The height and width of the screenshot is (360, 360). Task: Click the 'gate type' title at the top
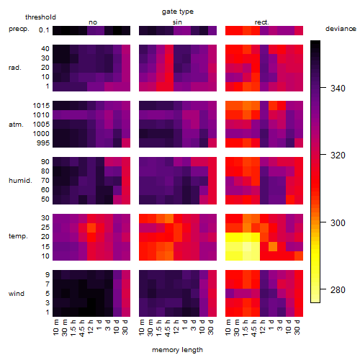point(178,12)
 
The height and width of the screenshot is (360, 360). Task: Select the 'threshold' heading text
point(40,17)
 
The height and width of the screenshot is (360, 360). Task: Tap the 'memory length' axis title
point(177,350)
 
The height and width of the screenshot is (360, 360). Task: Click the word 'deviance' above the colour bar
point(341,29)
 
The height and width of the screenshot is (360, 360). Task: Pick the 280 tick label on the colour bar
point(338,290)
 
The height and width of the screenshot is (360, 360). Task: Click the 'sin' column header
point(177,22)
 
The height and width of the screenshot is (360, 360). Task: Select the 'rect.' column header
point(262,22)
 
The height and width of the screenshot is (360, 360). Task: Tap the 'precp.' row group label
point(19,29)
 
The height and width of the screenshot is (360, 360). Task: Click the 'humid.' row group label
point(20,181)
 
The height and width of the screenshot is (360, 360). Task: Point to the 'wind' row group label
point(17,294)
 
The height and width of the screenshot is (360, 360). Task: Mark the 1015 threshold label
point(41,106)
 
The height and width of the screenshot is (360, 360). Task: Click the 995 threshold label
point(43,143)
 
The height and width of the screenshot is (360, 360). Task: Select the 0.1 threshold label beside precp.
point(44,30)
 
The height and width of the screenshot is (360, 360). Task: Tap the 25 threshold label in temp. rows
point(45,228)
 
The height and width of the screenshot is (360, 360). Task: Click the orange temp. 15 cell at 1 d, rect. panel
point(273,246)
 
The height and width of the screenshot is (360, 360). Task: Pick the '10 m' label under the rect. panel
point(228,327)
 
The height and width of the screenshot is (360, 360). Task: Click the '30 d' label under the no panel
point(125,327)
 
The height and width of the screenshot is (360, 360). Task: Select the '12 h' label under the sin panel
point(176,327)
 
